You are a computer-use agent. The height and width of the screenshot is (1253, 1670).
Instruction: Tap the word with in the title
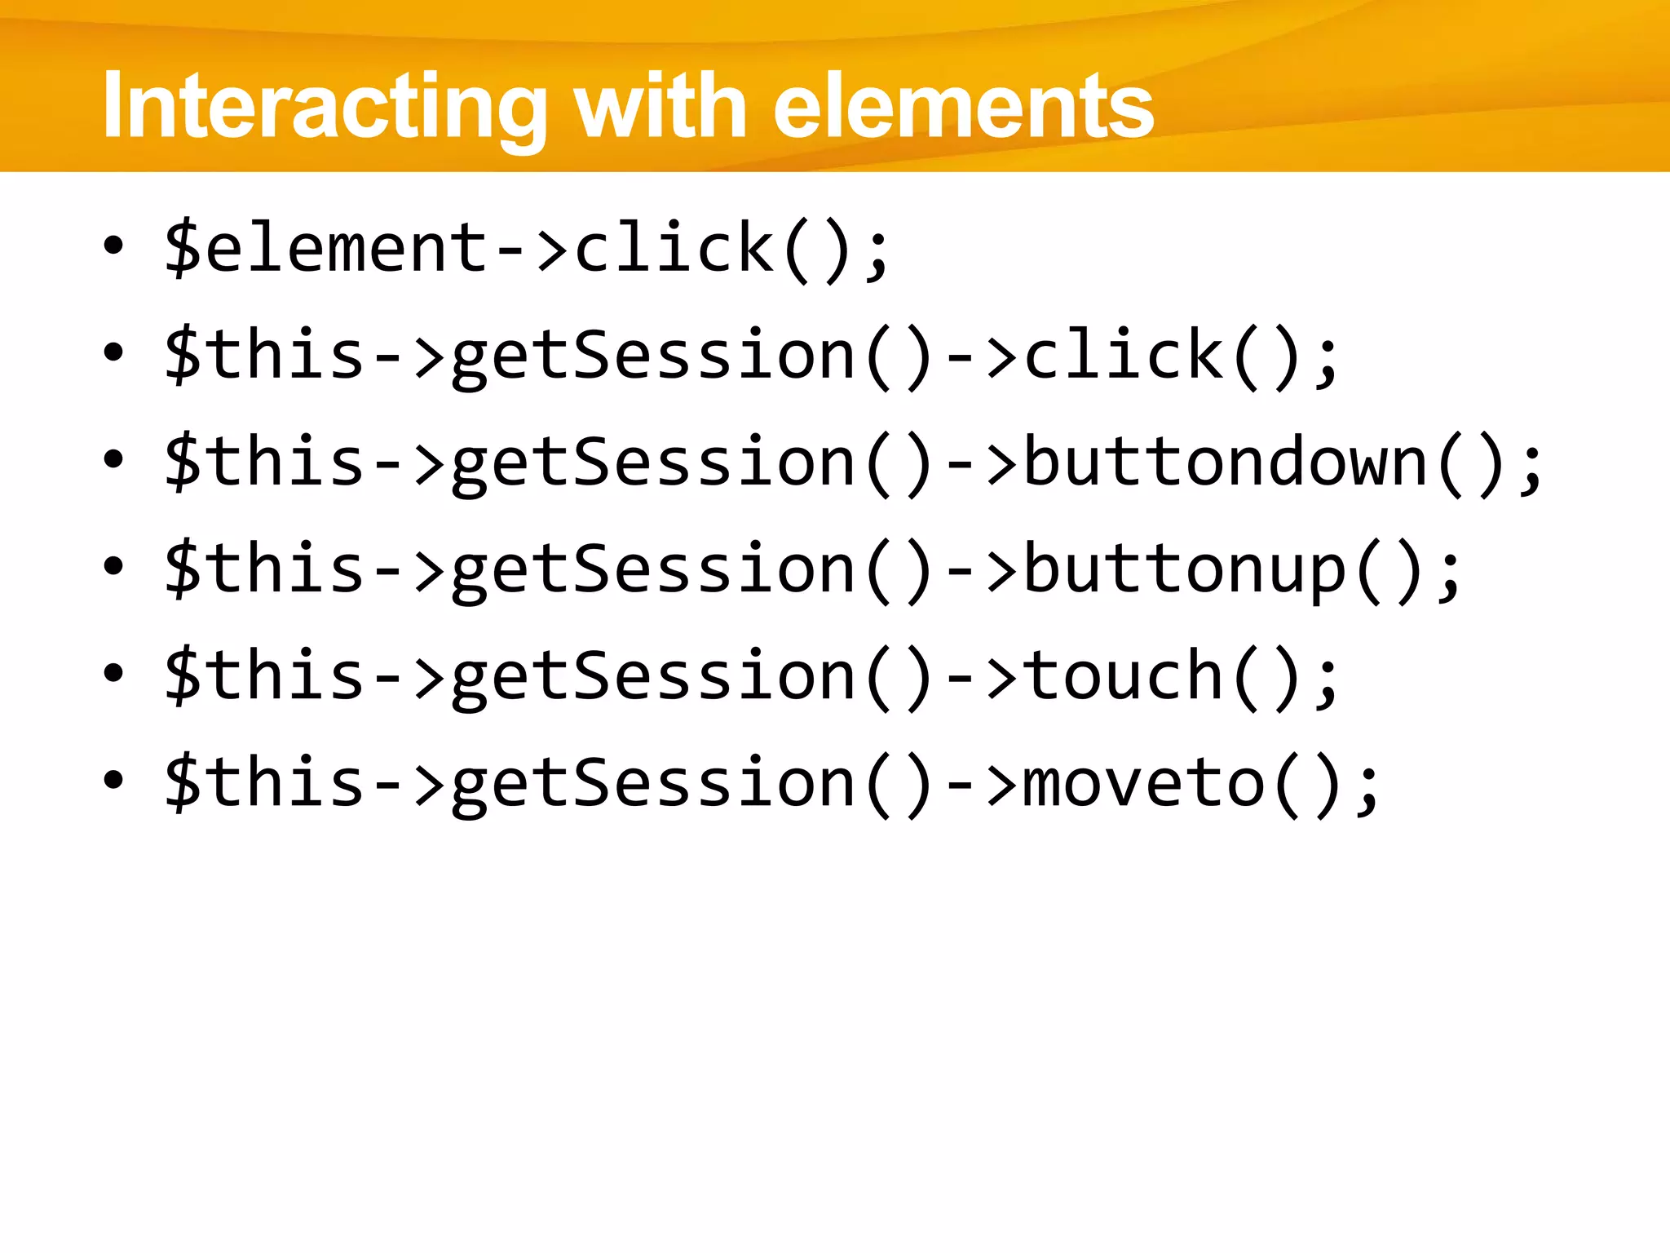(x=660, y=107)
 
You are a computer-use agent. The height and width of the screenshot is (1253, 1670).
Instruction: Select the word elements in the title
(x=963, y=107)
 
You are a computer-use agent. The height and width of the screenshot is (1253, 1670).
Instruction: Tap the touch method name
(x=1123, y=676)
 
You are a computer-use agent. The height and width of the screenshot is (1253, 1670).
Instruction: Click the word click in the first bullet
(x=674, y=248)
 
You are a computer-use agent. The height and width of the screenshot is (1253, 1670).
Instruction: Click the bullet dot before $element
(x=113, y=245)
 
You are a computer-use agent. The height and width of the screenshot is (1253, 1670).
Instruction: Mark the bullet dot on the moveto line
(x=113, y=780)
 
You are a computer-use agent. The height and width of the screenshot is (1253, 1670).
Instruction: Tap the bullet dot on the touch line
(x=113, y=673)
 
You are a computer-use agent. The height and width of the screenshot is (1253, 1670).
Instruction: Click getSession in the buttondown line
(x=652, y=463)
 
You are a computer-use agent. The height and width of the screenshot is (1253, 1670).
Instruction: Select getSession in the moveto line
(x=652, y=783)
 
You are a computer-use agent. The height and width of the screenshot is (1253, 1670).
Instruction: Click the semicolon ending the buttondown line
(x=1531, y=469)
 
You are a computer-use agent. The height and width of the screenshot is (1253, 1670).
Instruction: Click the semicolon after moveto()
(x=1367, y=790)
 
